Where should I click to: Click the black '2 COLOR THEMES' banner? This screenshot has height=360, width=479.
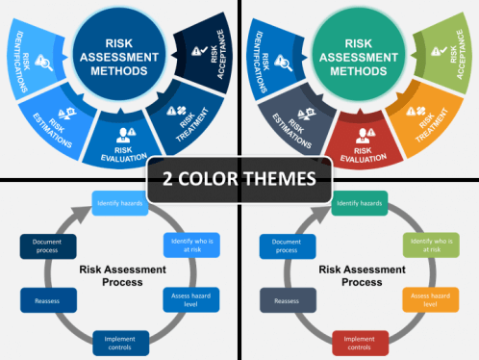[239, 178]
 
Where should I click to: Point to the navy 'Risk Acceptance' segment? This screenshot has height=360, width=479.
[204, 59]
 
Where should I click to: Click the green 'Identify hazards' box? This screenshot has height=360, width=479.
[360, 203]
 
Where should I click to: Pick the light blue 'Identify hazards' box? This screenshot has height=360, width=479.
[120, 203]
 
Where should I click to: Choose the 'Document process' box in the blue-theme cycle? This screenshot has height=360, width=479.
[48, 246]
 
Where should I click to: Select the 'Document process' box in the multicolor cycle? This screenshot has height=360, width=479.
[288, 246]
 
